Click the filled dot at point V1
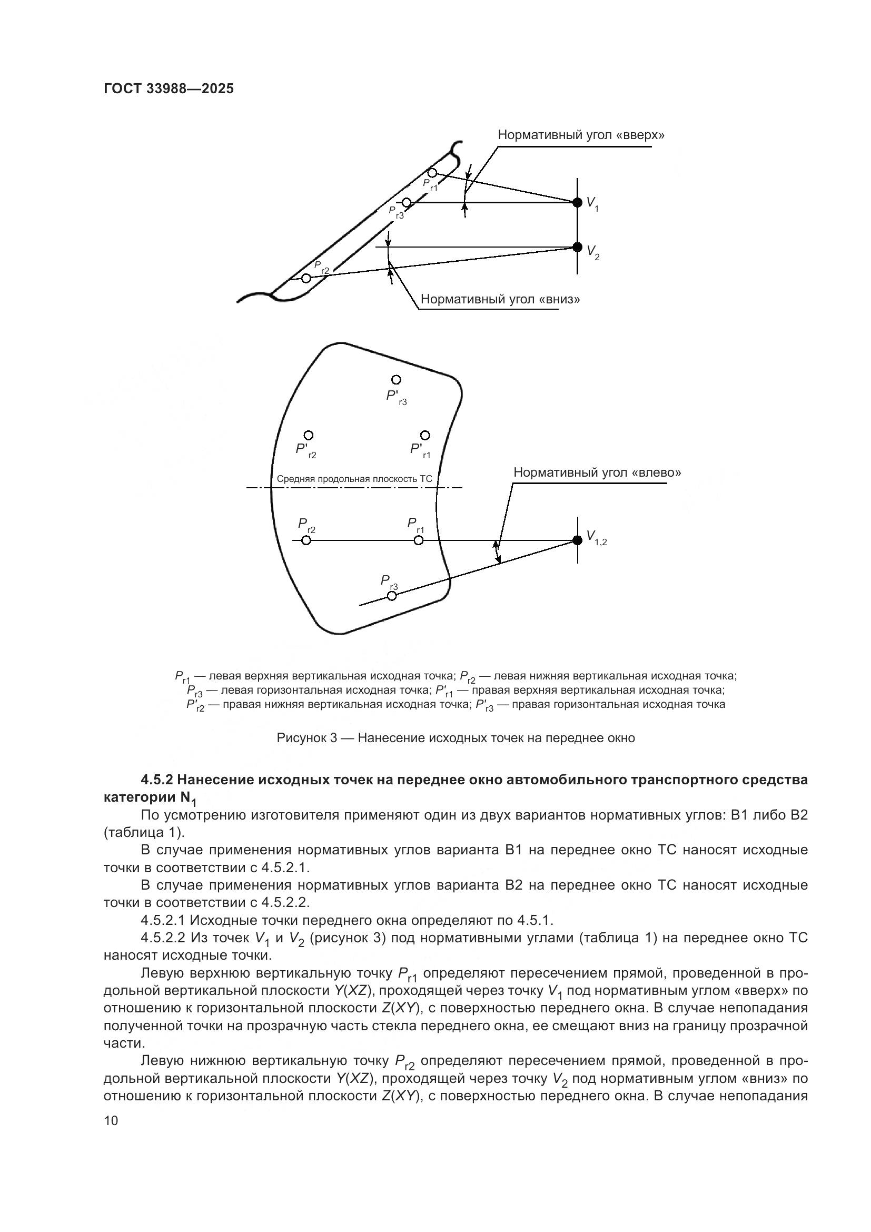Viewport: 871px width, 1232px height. [x=577, y=202]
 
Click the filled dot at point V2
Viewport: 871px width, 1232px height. [x=577, y=247]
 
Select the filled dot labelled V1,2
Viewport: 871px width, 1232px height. [x=577, y=540]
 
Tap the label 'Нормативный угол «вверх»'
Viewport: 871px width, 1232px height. [x=581, y=135]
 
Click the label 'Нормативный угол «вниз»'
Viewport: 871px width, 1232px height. [x=500, y=299]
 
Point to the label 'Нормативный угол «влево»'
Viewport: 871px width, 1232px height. [x=597, y=472]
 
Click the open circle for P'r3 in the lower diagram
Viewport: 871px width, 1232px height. [x=396, y=380]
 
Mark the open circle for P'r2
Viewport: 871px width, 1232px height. [x=309, y=435]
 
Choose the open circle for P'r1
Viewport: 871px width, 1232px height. [x=425, y=435]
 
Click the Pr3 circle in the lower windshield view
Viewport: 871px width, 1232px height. [x=392, y=596]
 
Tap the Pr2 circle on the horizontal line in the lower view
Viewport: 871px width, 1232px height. [x=306, y=540]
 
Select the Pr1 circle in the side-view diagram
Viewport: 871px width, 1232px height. [x=432, y=173]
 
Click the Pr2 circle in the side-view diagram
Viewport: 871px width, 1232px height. [x=306, y=278]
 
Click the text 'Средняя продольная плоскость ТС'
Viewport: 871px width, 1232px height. [x=354, y=479]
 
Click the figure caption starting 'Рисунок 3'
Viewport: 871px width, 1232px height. [x=456, y=738]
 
